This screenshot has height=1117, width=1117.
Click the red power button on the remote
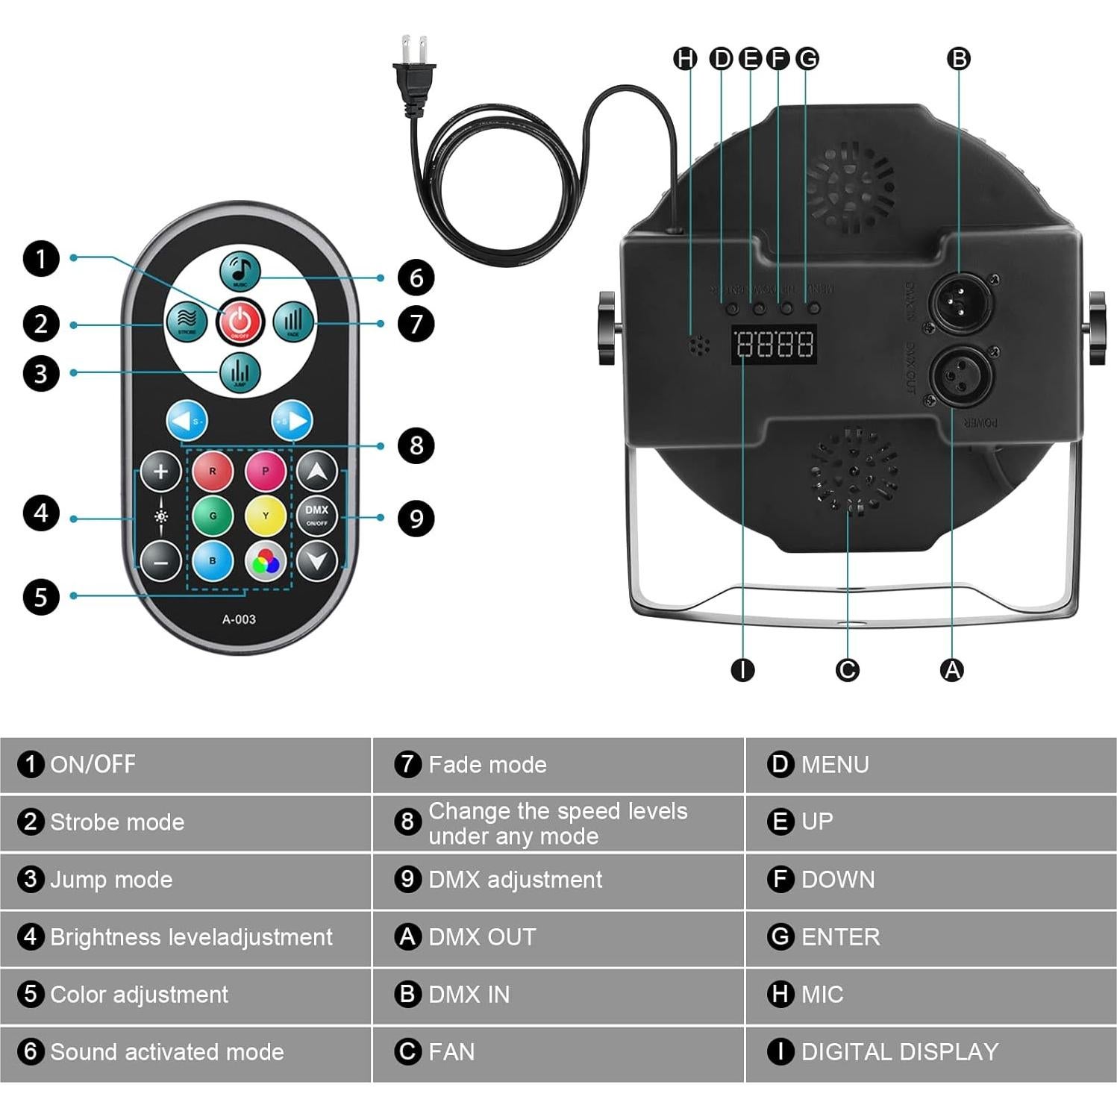(240, 322)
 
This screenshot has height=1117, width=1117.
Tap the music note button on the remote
(240, 271)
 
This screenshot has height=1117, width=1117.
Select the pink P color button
(265, 471)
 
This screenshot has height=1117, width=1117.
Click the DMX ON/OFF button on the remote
(317, 515)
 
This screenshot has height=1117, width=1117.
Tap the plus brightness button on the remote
(160, 472)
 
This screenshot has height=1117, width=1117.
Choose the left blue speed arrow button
(187, 422)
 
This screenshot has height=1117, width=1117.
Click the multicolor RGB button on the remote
(266, 561)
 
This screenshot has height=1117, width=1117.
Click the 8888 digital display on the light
(774, 345)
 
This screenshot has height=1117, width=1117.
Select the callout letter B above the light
(959, 58)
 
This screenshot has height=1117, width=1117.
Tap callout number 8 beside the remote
(416, 445)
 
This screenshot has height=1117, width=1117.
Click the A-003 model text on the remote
(239, 619)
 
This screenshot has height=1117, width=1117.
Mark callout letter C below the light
(847, 670)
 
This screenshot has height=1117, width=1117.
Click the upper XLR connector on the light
(959, 301)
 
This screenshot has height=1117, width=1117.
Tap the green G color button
(213, 516)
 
